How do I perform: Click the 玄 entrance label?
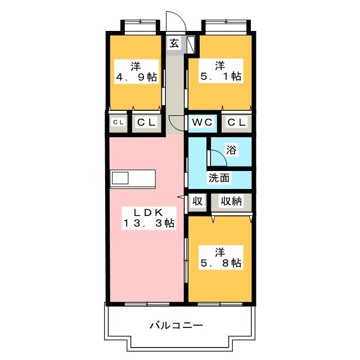click(x=174, y=43)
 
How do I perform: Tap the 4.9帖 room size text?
click(x=137, y=77)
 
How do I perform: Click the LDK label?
click(x=147, y=212)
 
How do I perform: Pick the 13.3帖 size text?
click(x=148, y=223)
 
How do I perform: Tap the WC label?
click(x=201, y=122)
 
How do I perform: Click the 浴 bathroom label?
click(x=231, y=150)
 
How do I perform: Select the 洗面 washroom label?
click(x=219, y=179)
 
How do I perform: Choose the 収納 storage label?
click(x=231, y=201)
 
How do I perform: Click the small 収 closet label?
click(x=197, y=201)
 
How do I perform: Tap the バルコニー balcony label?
click(x=176, y=325)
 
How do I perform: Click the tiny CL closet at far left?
click(x=118, y=122)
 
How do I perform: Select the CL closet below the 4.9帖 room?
click(x=147, y=122)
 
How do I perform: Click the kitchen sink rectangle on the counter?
click(x=120, y=178)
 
